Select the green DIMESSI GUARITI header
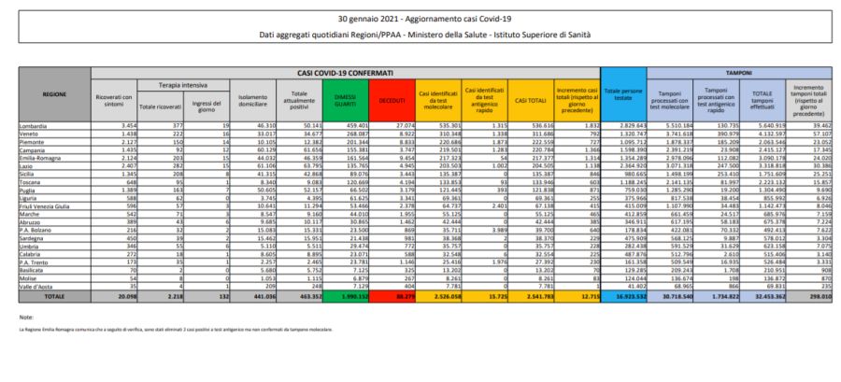tap(346, 100)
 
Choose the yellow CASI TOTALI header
tap(531, 100)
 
